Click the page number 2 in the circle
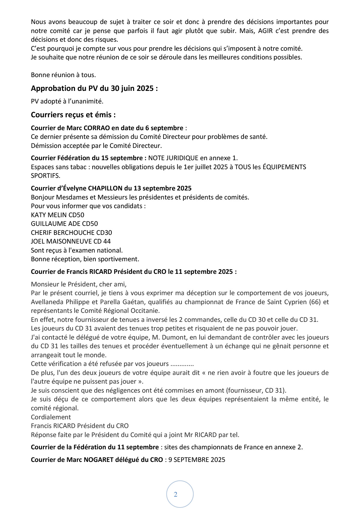pos(175,494)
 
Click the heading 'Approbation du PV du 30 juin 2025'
pos(94,88)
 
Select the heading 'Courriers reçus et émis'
pos(73,115)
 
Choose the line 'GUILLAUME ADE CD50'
pos(64,224)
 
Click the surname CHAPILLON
pos(105,188)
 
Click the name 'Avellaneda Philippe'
pos(57,302)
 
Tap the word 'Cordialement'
pos(51,417)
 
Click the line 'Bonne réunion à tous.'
pos(63,75)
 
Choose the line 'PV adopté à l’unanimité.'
pos(67,102)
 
